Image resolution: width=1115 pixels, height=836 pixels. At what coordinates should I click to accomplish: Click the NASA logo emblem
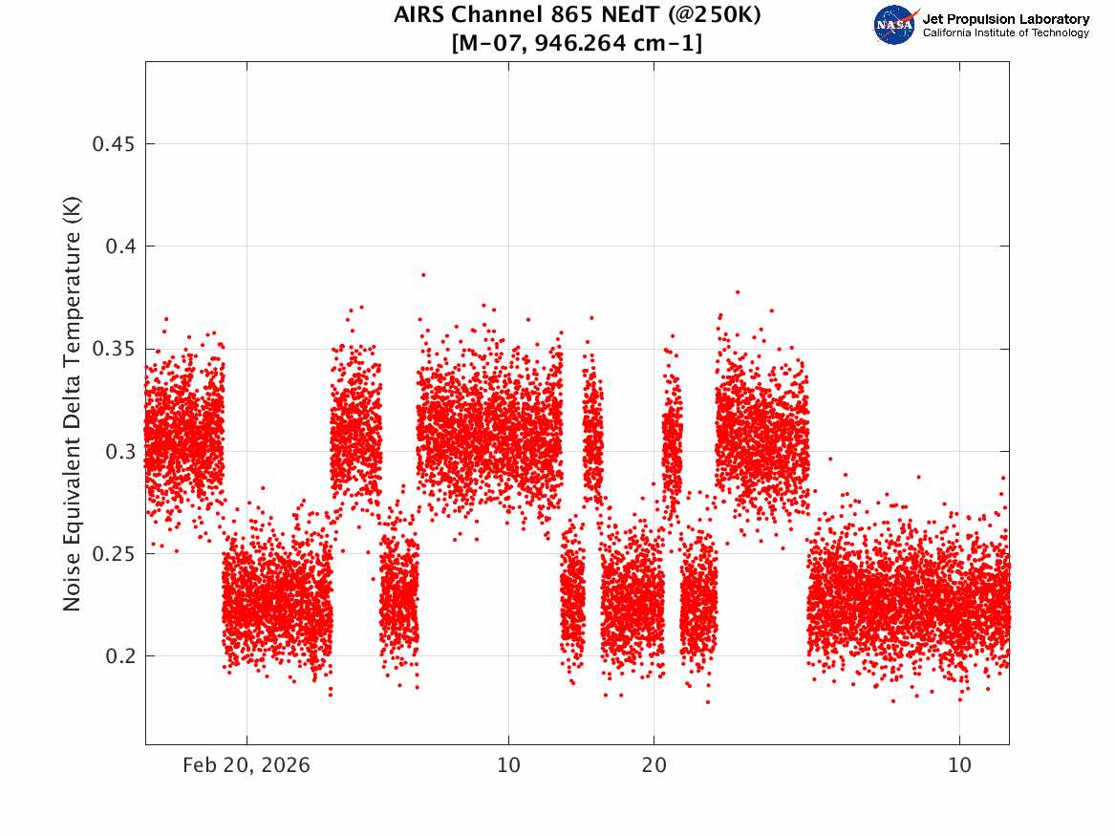pos(894,25)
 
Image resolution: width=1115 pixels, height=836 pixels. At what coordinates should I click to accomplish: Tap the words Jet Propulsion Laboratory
pos(1005,19)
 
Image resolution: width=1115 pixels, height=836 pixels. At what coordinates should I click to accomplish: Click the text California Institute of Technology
pos(1005,32)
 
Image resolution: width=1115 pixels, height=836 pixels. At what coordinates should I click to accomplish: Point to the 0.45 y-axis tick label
pos(113,144)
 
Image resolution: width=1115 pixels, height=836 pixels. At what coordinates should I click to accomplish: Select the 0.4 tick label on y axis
pos(120,247)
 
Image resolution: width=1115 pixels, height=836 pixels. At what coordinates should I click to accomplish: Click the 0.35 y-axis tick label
pos(113,349)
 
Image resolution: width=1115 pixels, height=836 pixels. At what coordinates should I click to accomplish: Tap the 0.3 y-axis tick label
pos(120,451)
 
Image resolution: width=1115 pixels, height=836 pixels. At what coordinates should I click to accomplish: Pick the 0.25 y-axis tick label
pos(113,554)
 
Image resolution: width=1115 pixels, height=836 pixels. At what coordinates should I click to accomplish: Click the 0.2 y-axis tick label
pos(120,656)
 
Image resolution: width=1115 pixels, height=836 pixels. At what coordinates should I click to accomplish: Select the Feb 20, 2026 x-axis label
pos(247,765)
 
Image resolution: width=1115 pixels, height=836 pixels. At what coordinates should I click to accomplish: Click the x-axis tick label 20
pos(654,765)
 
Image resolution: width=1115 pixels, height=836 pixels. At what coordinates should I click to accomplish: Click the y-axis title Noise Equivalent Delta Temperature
pos(72,404)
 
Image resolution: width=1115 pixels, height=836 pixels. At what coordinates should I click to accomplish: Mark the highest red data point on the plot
pos(423,274)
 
